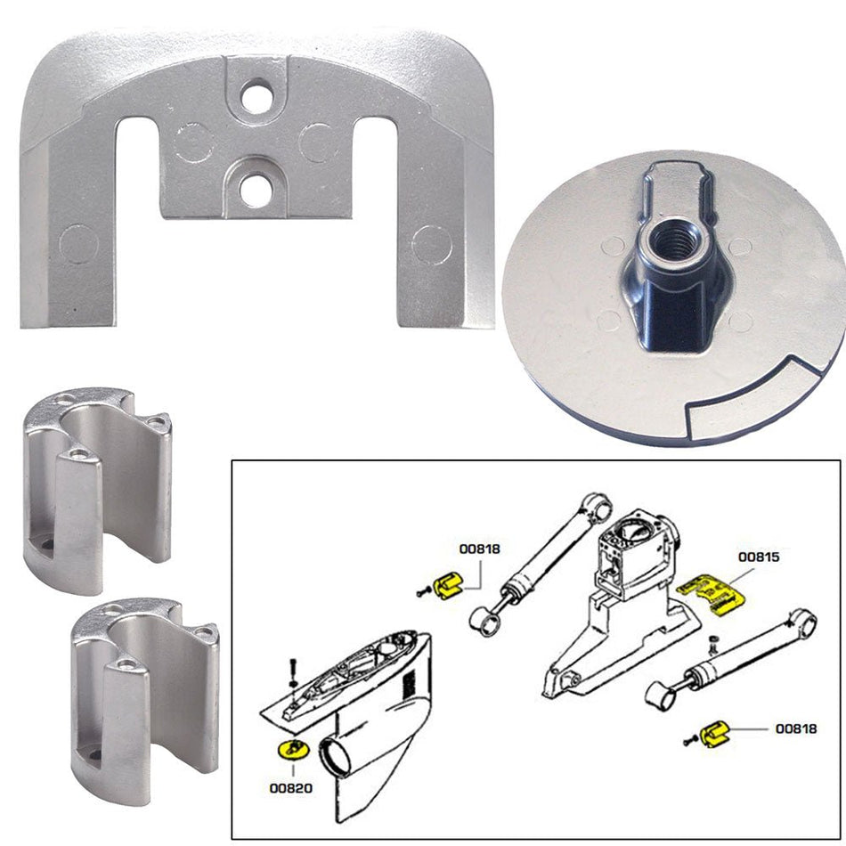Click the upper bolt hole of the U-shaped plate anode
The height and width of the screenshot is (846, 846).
click(x=256, y=97)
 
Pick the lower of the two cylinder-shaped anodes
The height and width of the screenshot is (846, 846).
click(x=145, y=685)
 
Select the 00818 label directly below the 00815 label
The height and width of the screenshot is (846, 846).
click(x=794, y=728)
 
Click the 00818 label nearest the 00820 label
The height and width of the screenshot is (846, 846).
click(x=480, y=549)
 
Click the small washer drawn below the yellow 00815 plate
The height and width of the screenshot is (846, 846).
click(x=712, y=642)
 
